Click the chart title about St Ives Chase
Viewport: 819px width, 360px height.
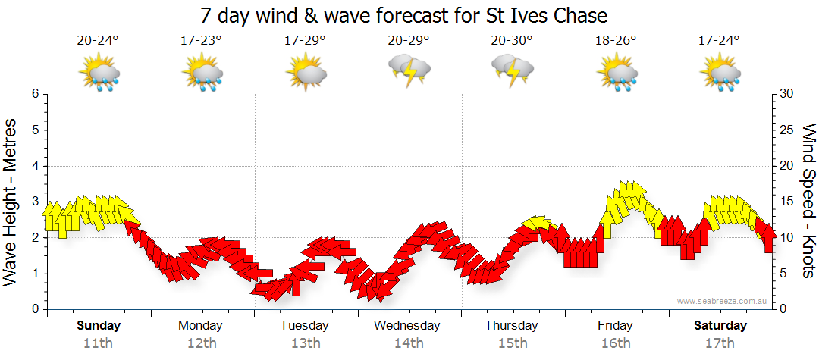click(x=405, y=15)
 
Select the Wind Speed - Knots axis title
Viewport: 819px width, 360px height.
click(x=808, y=201)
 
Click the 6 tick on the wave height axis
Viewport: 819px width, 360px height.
click(x=34, y=94)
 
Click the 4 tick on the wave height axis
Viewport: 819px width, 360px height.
click(x=34, y=166)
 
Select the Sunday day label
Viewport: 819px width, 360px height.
click(x=99, y=326)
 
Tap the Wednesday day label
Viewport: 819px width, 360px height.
click(x=406, y=326)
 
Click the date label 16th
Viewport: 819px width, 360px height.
click(x=615, y=343)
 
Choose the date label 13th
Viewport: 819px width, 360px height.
click(x=304, y=343)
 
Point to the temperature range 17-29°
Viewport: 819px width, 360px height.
click(x=305, y=41)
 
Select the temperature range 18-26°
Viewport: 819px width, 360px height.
click(x=615, y=41)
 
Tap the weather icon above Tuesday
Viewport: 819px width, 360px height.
click(x=306, y=73)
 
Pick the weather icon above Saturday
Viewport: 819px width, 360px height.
click(x=720, y=74)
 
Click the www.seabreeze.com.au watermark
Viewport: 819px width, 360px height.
click(x=723, y=301)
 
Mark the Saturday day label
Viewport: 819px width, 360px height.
click(x=720, y=326)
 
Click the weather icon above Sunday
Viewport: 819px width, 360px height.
click(x=99, y=74)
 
